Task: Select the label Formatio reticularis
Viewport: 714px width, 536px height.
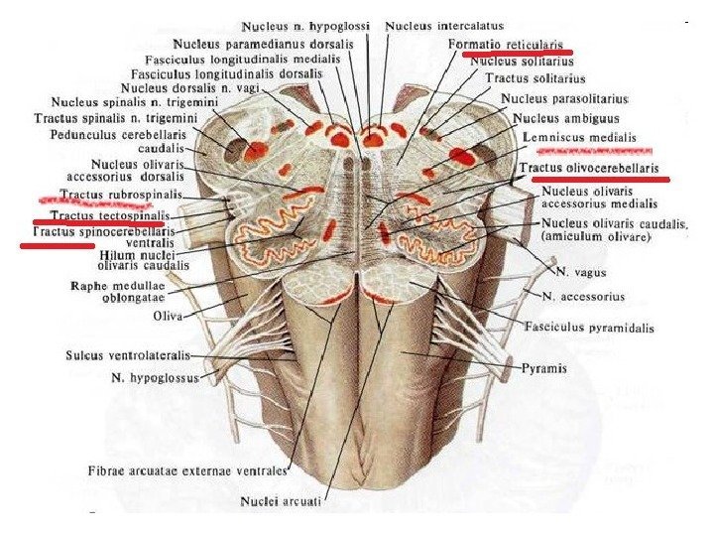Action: point(506,45)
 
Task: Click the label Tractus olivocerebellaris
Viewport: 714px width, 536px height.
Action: point(589,168)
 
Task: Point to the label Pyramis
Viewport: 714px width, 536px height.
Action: point(544,367)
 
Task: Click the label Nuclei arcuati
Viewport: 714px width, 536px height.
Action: point(288,502)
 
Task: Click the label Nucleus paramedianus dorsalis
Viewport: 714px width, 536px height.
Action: point(264,45)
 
